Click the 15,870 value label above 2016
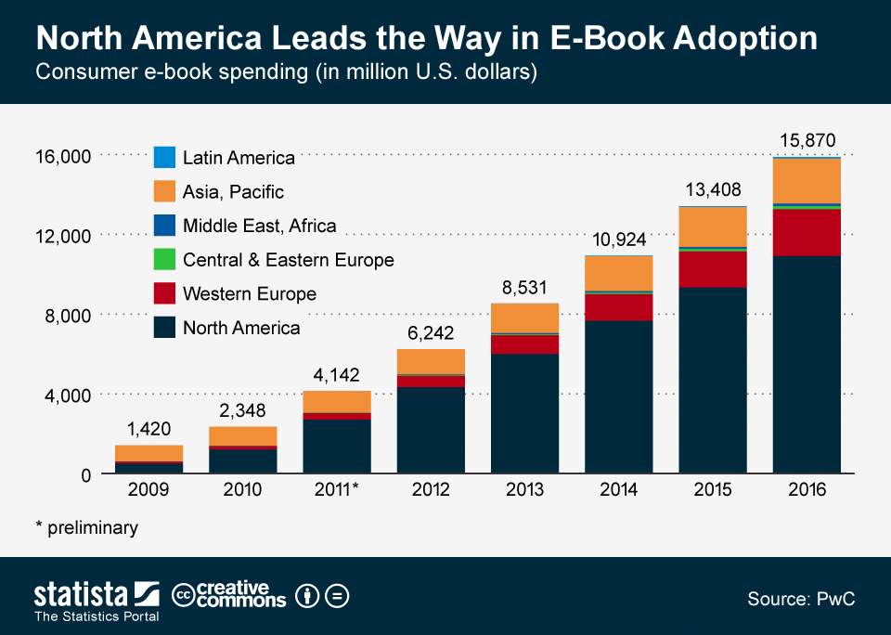click(806, 139)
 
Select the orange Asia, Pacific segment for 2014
click(619, 273)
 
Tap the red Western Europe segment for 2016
click(806, 232)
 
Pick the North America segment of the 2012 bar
click(431, 431)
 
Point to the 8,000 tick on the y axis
click(64, 316)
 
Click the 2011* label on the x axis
click(337, 489)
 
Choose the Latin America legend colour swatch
click(164, 158)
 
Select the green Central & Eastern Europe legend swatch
click(164, 260)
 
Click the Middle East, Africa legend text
click(259, 226)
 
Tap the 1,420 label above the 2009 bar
click(148, 429)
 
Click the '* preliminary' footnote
click(86, 528)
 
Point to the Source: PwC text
click(801, 599)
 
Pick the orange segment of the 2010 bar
click(243, 435)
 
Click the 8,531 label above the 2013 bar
click(524, 288)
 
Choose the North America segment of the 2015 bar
click(712, 381)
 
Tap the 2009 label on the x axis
click(148, 489)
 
